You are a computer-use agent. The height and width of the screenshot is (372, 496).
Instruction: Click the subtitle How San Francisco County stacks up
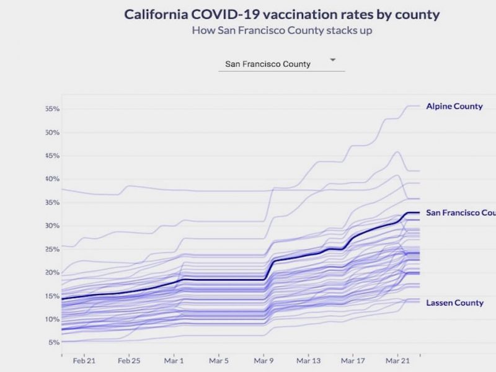coord(282,30)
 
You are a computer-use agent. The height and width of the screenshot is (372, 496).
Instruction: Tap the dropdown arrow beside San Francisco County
coord(333,60)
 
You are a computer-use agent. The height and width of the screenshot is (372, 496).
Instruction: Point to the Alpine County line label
coord(454,106)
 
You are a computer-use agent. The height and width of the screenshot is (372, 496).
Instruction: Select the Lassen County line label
coord(454,303)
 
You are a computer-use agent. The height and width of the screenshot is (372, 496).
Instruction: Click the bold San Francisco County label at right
coord(461,213)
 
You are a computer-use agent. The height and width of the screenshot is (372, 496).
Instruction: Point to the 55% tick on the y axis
coord(51,109)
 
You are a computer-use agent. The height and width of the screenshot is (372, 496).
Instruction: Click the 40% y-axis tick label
coord(51,179)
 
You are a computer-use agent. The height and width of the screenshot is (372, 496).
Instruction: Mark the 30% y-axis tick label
coord(51,226)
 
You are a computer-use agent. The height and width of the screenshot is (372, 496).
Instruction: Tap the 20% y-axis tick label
coord(51,272)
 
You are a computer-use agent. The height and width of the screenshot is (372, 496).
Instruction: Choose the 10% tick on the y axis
coord(51,319)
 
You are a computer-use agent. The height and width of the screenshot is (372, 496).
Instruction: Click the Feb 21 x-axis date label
coord(84,360)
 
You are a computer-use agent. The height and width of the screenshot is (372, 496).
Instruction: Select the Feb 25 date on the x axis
coord(129,360)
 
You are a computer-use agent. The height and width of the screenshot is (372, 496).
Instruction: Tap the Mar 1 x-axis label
coord(174,360)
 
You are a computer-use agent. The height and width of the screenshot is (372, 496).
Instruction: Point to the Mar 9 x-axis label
coord(263,360)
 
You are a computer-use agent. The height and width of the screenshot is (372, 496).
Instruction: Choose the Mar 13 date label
coord(309,360)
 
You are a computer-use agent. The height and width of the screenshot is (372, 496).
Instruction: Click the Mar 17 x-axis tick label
coord(353,360)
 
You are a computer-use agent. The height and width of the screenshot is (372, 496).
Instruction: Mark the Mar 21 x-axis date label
coord(397,360)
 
